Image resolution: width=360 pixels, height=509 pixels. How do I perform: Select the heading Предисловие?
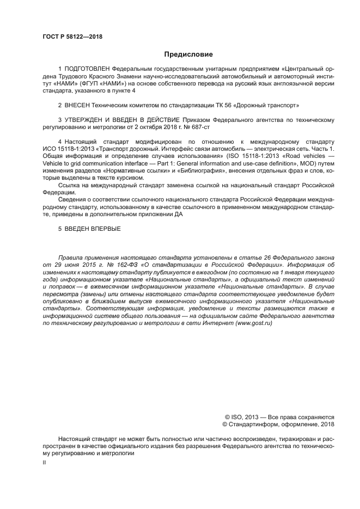click(188, 54)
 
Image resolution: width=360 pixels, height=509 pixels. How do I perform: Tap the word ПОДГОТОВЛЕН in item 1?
click(87, 70)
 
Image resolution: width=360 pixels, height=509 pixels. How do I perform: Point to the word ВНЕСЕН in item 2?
click(80, 105)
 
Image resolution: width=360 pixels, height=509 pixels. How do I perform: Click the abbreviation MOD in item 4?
click(312, 163)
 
